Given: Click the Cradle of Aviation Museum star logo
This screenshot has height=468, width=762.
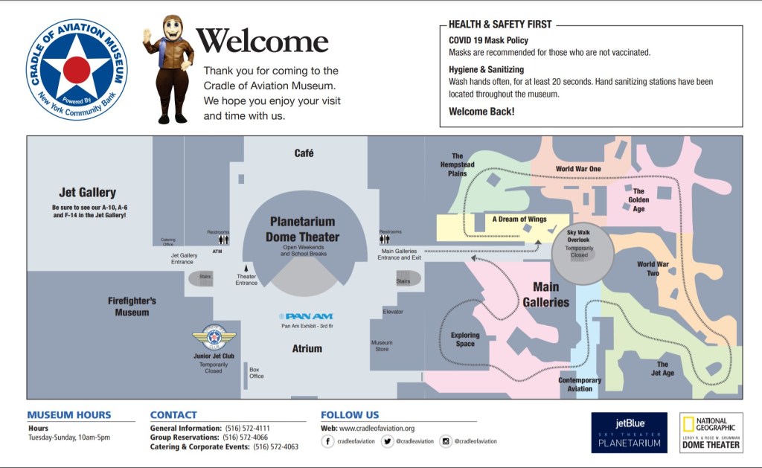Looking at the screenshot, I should (x=77, y=70).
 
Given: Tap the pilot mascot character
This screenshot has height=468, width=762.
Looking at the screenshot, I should (x=169, y=68).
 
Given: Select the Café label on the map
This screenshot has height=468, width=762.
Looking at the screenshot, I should (x=304, y=153).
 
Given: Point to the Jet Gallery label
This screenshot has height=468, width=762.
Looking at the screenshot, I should (x=88, y=193).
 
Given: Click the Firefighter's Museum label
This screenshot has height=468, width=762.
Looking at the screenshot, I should (x=132, y=307).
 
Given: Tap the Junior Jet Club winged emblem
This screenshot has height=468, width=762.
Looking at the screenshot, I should (x=214, y=339).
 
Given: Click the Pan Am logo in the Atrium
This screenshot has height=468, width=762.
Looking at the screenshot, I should (x=306, y=316).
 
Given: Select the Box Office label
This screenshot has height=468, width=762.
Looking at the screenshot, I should (x=257, y=373).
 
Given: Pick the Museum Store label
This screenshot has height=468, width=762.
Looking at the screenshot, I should (x=382, y=346).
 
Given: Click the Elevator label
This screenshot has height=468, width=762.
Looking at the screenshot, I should (x=393, y=311).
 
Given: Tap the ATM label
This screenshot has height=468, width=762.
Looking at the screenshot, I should (x=217, y=251).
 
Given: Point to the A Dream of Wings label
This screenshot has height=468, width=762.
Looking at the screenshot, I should (x=519, y=219).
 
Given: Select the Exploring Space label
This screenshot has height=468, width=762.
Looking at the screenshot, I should (x=465, y=339).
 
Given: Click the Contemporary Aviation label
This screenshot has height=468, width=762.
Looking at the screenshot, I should (x=580, y=385).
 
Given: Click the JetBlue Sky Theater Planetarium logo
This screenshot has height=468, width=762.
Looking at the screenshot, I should (x=629, y=432).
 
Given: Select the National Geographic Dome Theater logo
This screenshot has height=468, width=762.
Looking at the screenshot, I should (x=711, y=432).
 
